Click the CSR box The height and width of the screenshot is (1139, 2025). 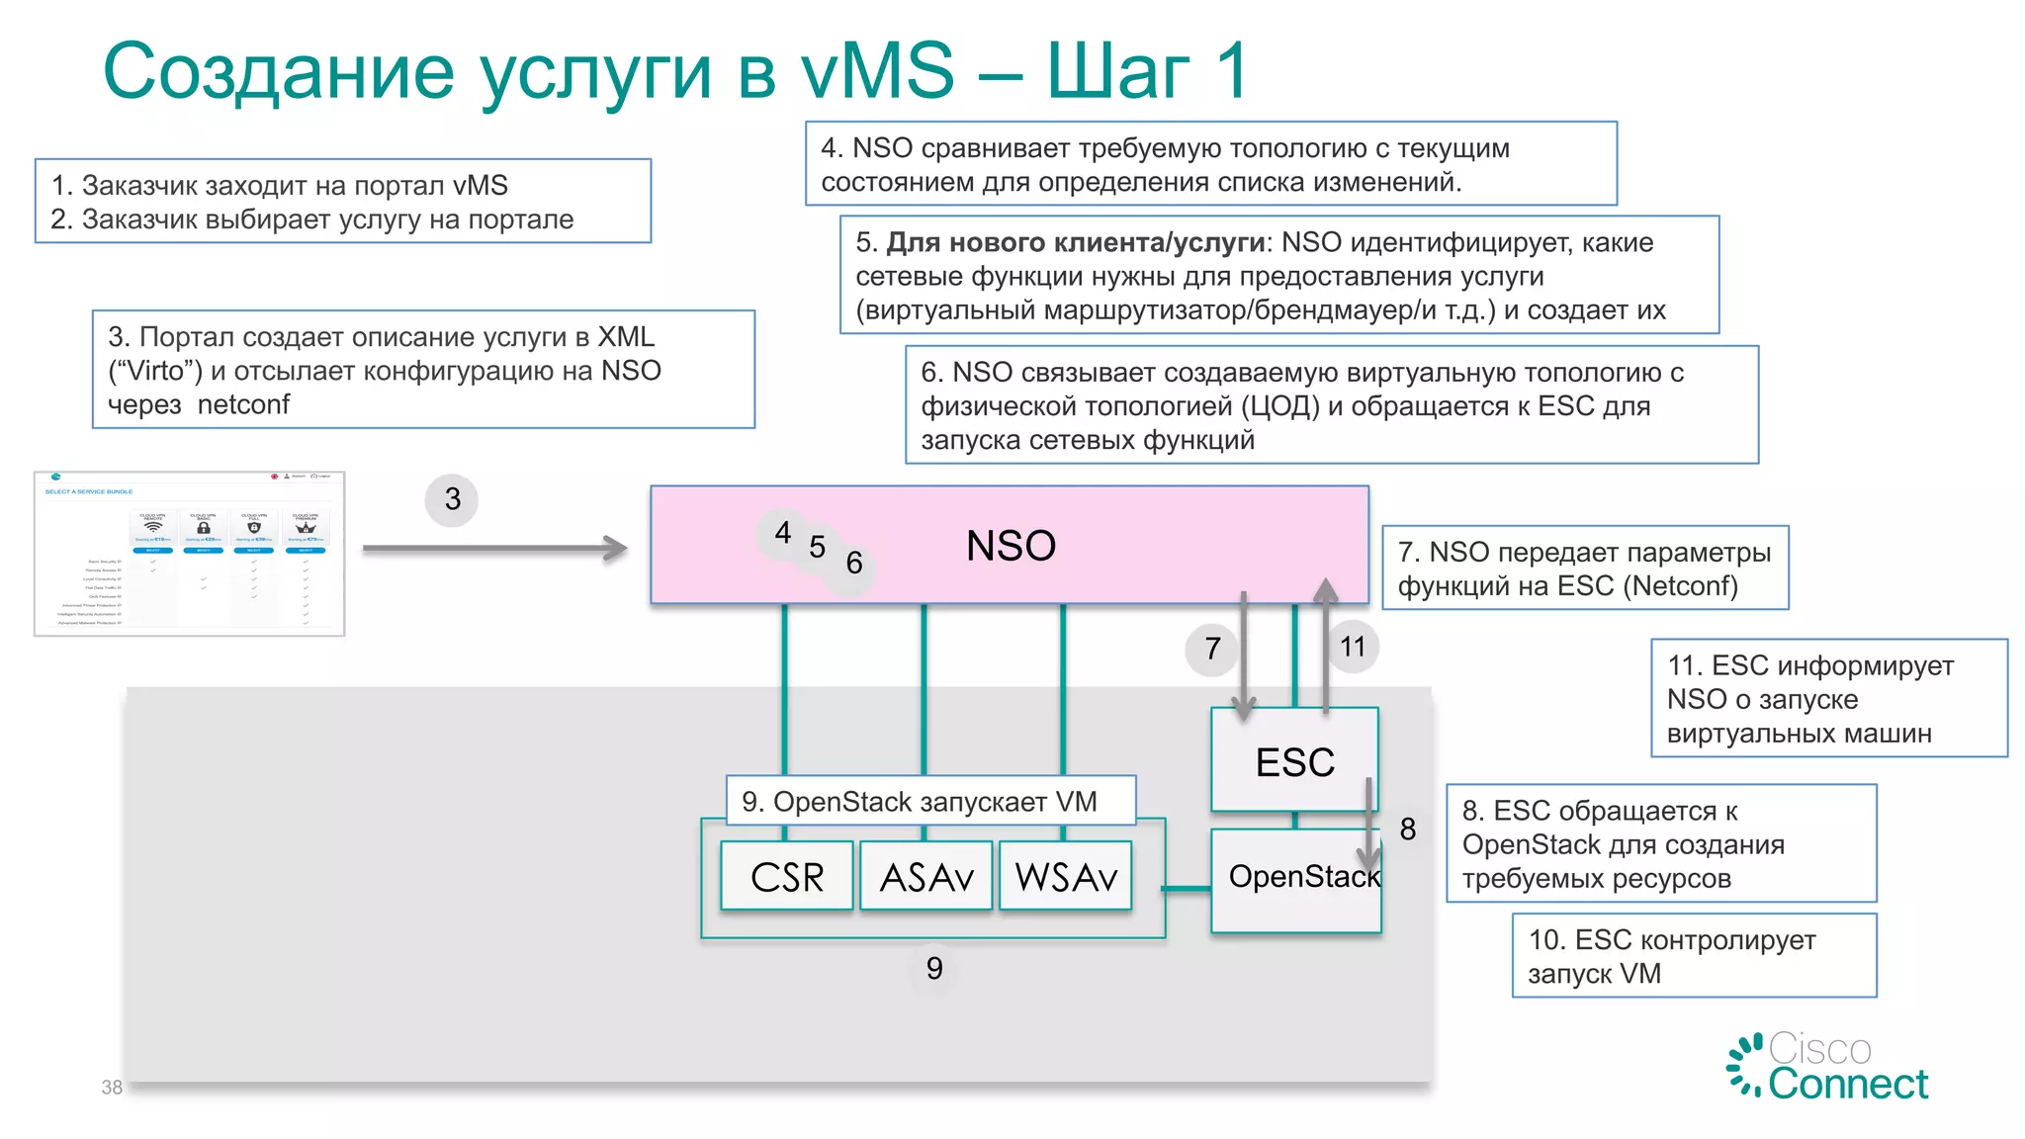786,876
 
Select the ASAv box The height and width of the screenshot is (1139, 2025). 926,876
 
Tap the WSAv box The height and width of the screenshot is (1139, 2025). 1066,876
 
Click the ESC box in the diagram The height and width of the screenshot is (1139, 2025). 1294,761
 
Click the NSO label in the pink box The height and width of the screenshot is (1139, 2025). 1011,546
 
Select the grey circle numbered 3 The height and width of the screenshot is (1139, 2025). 452,499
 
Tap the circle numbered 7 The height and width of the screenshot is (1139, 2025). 1212,649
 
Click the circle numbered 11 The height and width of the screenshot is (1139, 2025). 1353,647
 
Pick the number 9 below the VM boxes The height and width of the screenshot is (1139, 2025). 934,968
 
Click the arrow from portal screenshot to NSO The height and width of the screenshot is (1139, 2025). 494,549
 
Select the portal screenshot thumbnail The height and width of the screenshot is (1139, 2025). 189,554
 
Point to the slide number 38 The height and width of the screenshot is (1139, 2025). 112,1088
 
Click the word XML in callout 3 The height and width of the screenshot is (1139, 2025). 626,337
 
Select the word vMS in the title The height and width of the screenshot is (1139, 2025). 877,71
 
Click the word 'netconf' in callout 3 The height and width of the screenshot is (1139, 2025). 243,404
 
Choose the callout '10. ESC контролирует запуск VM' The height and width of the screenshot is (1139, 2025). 1694,956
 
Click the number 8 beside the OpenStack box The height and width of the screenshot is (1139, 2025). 1408,829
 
